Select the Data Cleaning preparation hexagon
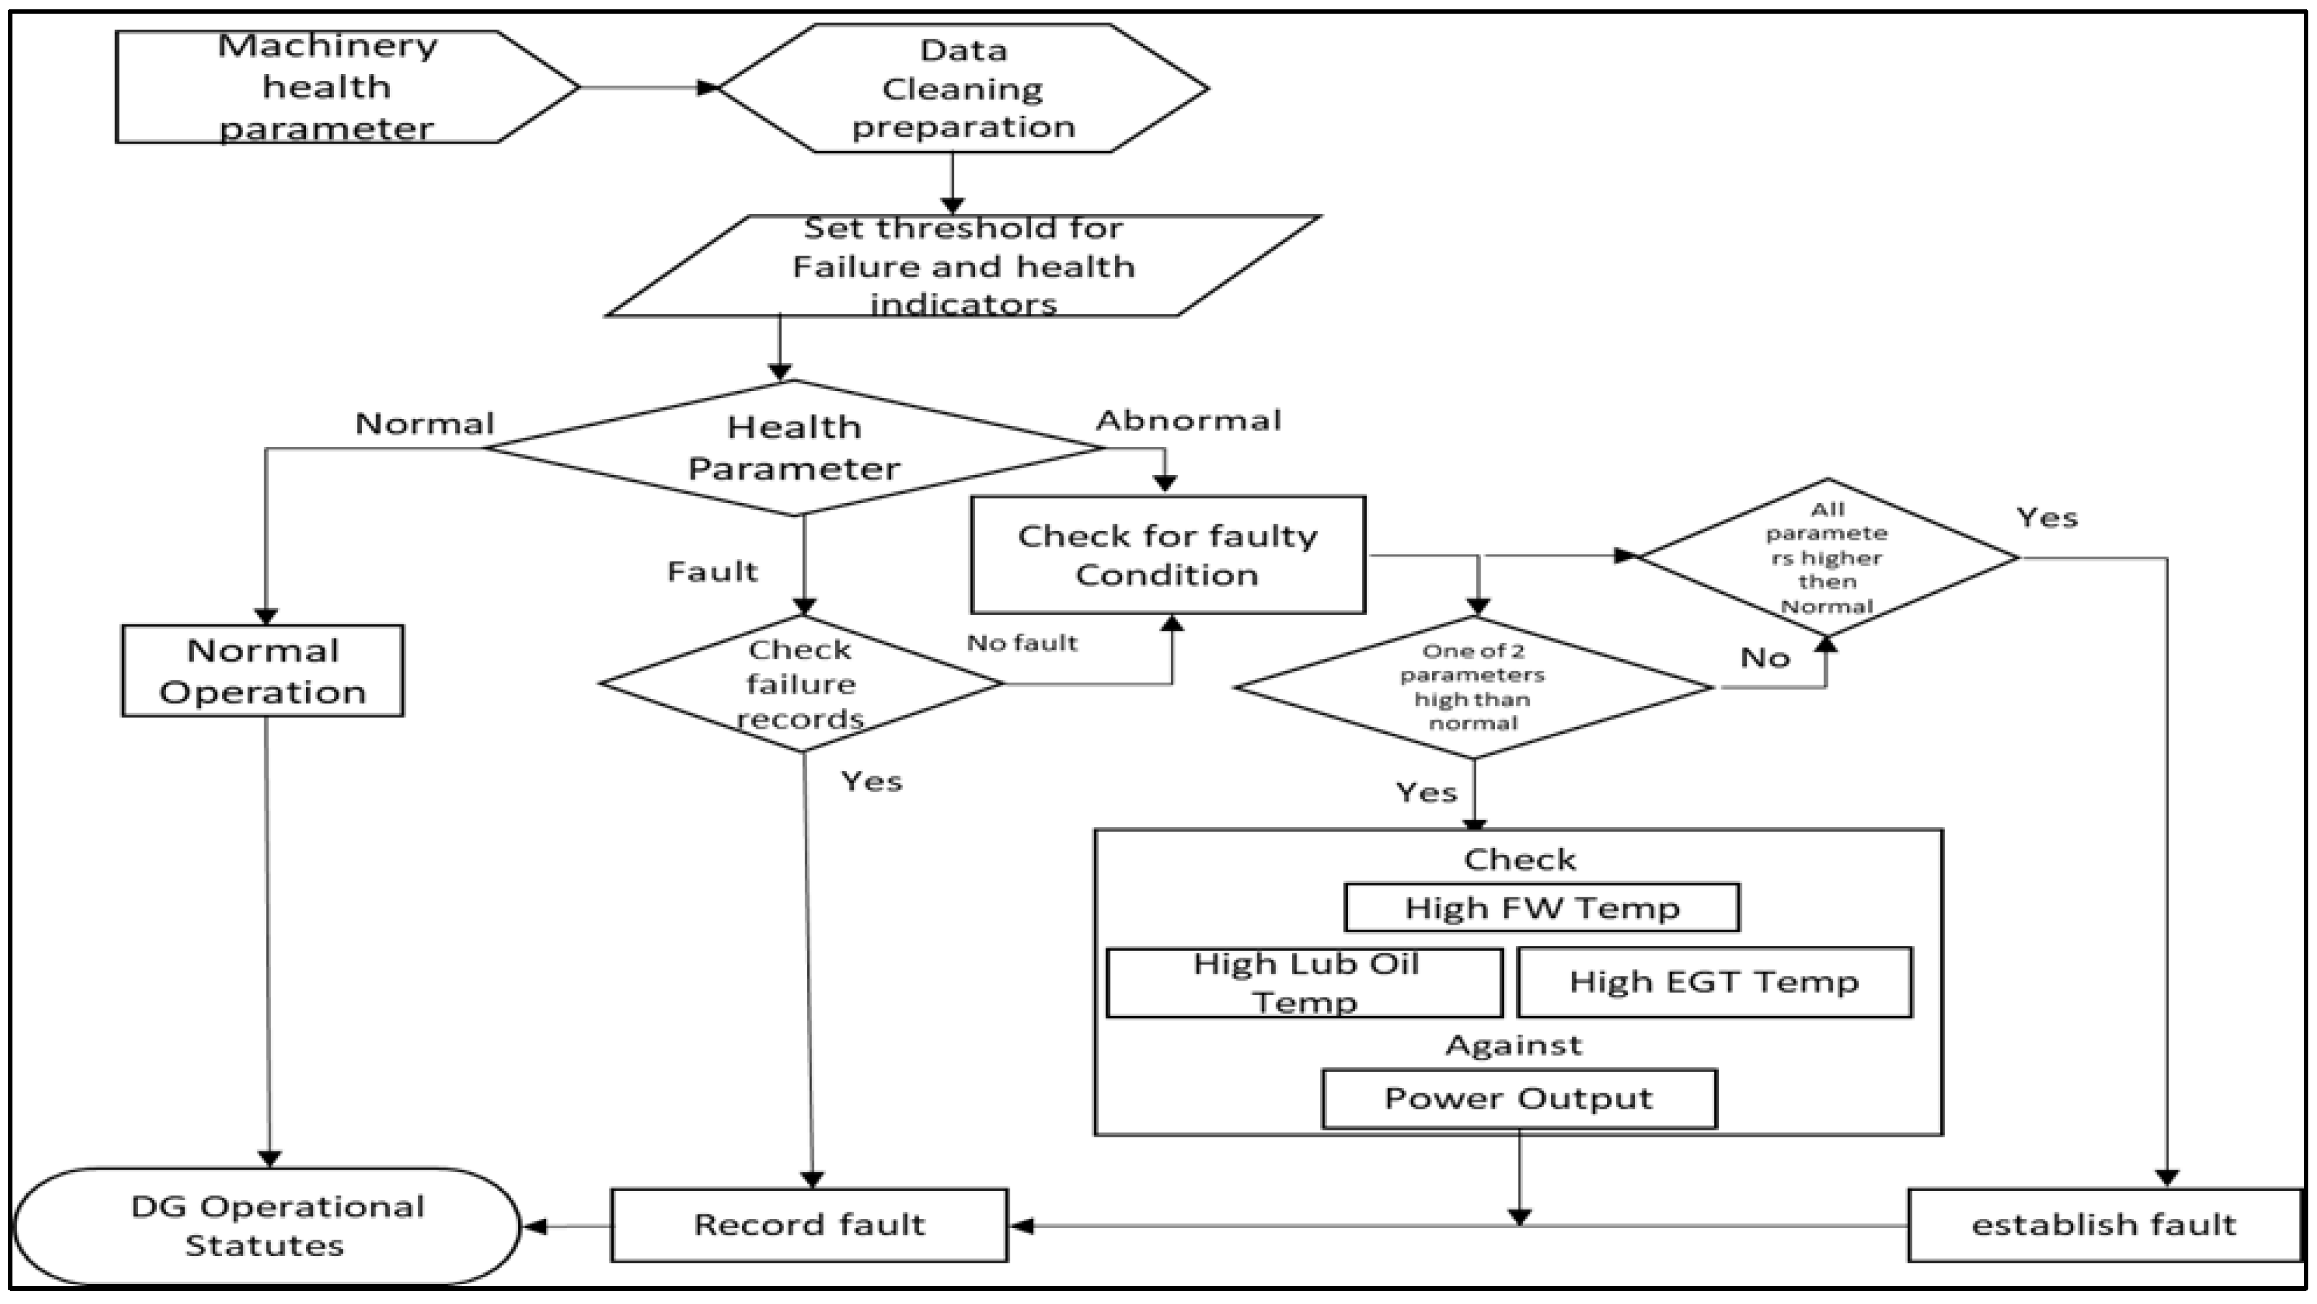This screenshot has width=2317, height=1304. (963, 88)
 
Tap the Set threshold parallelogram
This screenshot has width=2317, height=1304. (963, 266)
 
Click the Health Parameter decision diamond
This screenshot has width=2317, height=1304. (793, 448)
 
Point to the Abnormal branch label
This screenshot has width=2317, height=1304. (1188, 421)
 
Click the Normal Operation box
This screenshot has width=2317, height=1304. (262, 671)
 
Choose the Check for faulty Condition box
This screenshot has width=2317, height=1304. (1167, 555)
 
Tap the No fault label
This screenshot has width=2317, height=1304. (1022, 643)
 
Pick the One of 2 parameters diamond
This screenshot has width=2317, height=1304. (1473, 687)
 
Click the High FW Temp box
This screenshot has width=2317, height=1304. (1542, 907)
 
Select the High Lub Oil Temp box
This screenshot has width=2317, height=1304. (1304, 982)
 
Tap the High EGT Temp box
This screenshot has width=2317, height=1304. (1713, 982)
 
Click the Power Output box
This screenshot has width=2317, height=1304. (1519, 1098)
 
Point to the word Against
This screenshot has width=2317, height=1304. (1514, 1045)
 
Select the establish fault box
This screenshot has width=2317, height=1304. (2103, 1225)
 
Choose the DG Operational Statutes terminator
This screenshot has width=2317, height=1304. (267, 1226)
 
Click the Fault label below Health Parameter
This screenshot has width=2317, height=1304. (713, 572)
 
